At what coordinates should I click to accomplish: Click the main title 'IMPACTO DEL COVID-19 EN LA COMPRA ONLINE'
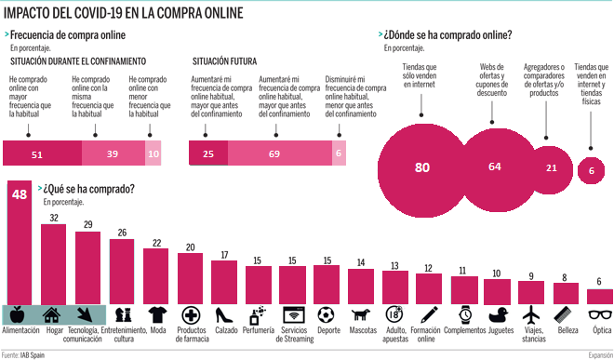123,12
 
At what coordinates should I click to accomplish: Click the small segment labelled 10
153,153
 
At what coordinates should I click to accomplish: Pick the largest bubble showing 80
422,167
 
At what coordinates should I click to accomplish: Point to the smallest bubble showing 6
591,169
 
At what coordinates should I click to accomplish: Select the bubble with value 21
551,167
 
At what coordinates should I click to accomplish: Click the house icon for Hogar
54,313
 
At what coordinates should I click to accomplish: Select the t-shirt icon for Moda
156,313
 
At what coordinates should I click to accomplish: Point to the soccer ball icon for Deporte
327,313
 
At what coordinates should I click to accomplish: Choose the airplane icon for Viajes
531,313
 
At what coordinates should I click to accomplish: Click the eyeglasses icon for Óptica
600,313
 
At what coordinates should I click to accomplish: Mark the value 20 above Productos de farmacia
190,247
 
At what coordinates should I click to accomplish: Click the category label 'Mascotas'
361,331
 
